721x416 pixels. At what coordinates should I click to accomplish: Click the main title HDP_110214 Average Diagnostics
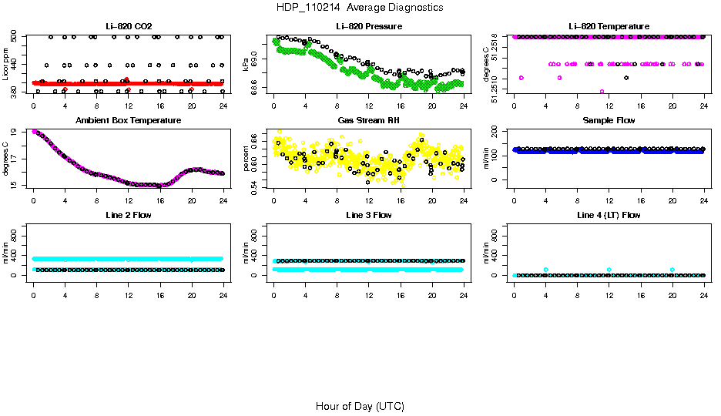tap(360, 8)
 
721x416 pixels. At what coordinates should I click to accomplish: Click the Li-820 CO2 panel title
tap(129, 27)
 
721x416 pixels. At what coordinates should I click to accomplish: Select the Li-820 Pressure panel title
tap(368, 27)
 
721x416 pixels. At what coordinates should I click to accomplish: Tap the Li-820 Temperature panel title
tap(609, 27)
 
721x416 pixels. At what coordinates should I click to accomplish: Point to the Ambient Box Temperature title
tap(129, 121)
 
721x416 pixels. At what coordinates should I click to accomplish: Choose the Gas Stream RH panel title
tap(368, 121)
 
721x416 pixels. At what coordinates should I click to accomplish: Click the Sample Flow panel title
tap(609, 121)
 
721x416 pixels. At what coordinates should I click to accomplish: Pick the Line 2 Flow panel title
tap(129, 215)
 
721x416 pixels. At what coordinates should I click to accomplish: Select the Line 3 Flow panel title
tap(368, 215)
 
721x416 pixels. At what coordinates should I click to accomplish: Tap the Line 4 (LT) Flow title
tap(609, 215)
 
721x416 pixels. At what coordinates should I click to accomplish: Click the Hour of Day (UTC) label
tap(360, 406)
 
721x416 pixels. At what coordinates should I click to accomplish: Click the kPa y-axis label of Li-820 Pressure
tap(246, 63)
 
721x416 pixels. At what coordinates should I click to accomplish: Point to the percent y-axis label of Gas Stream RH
tap(246, 157)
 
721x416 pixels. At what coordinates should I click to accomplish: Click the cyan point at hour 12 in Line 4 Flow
tap(609, 270)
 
